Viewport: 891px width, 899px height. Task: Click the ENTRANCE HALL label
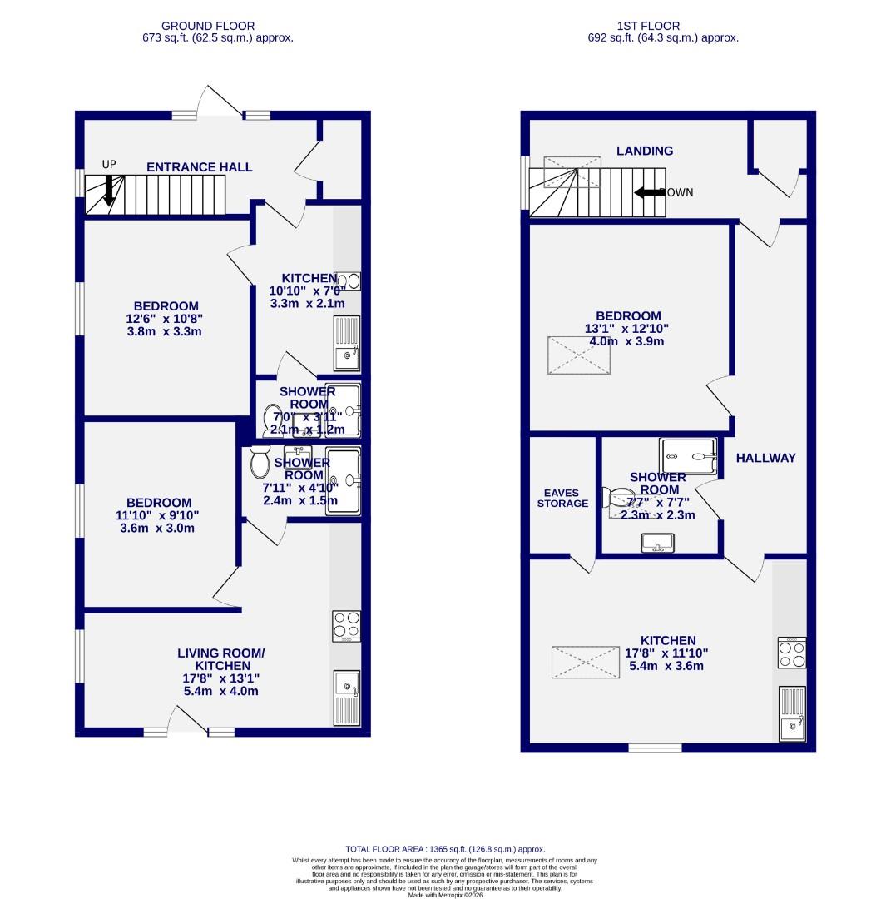pyautogui.click(x=199, y=167)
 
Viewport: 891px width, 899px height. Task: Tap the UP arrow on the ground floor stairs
pyautogui.click(x=108, y=190)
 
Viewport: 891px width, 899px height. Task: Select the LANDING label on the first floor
pyautogui.click(x=644, y=151)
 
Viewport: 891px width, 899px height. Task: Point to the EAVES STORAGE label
pyautogui.click(x=562, y=498)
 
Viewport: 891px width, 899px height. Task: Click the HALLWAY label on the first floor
pyautogui.click(x=765, y=458)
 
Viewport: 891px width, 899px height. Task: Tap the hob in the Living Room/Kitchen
pyautogui.click(x=346, y=626)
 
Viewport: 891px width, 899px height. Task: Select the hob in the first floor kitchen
pyautogui.click(x=791, y=652)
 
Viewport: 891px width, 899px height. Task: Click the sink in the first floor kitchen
pyautogui.click(x=791, y=714)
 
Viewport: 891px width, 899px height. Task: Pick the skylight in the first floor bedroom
pyautogui.click(x=579, y=355)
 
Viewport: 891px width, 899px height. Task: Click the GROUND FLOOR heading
pyautogui.click(x=208, y=27)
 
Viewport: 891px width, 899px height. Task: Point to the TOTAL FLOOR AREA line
pyautogui.click(x=444, y=851)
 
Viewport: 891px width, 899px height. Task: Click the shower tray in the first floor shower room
pyautogui.click(x=688, y=455)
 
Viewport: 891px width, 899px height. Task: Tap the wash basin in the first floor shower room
pyautogui.click(x=657, y=543)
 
